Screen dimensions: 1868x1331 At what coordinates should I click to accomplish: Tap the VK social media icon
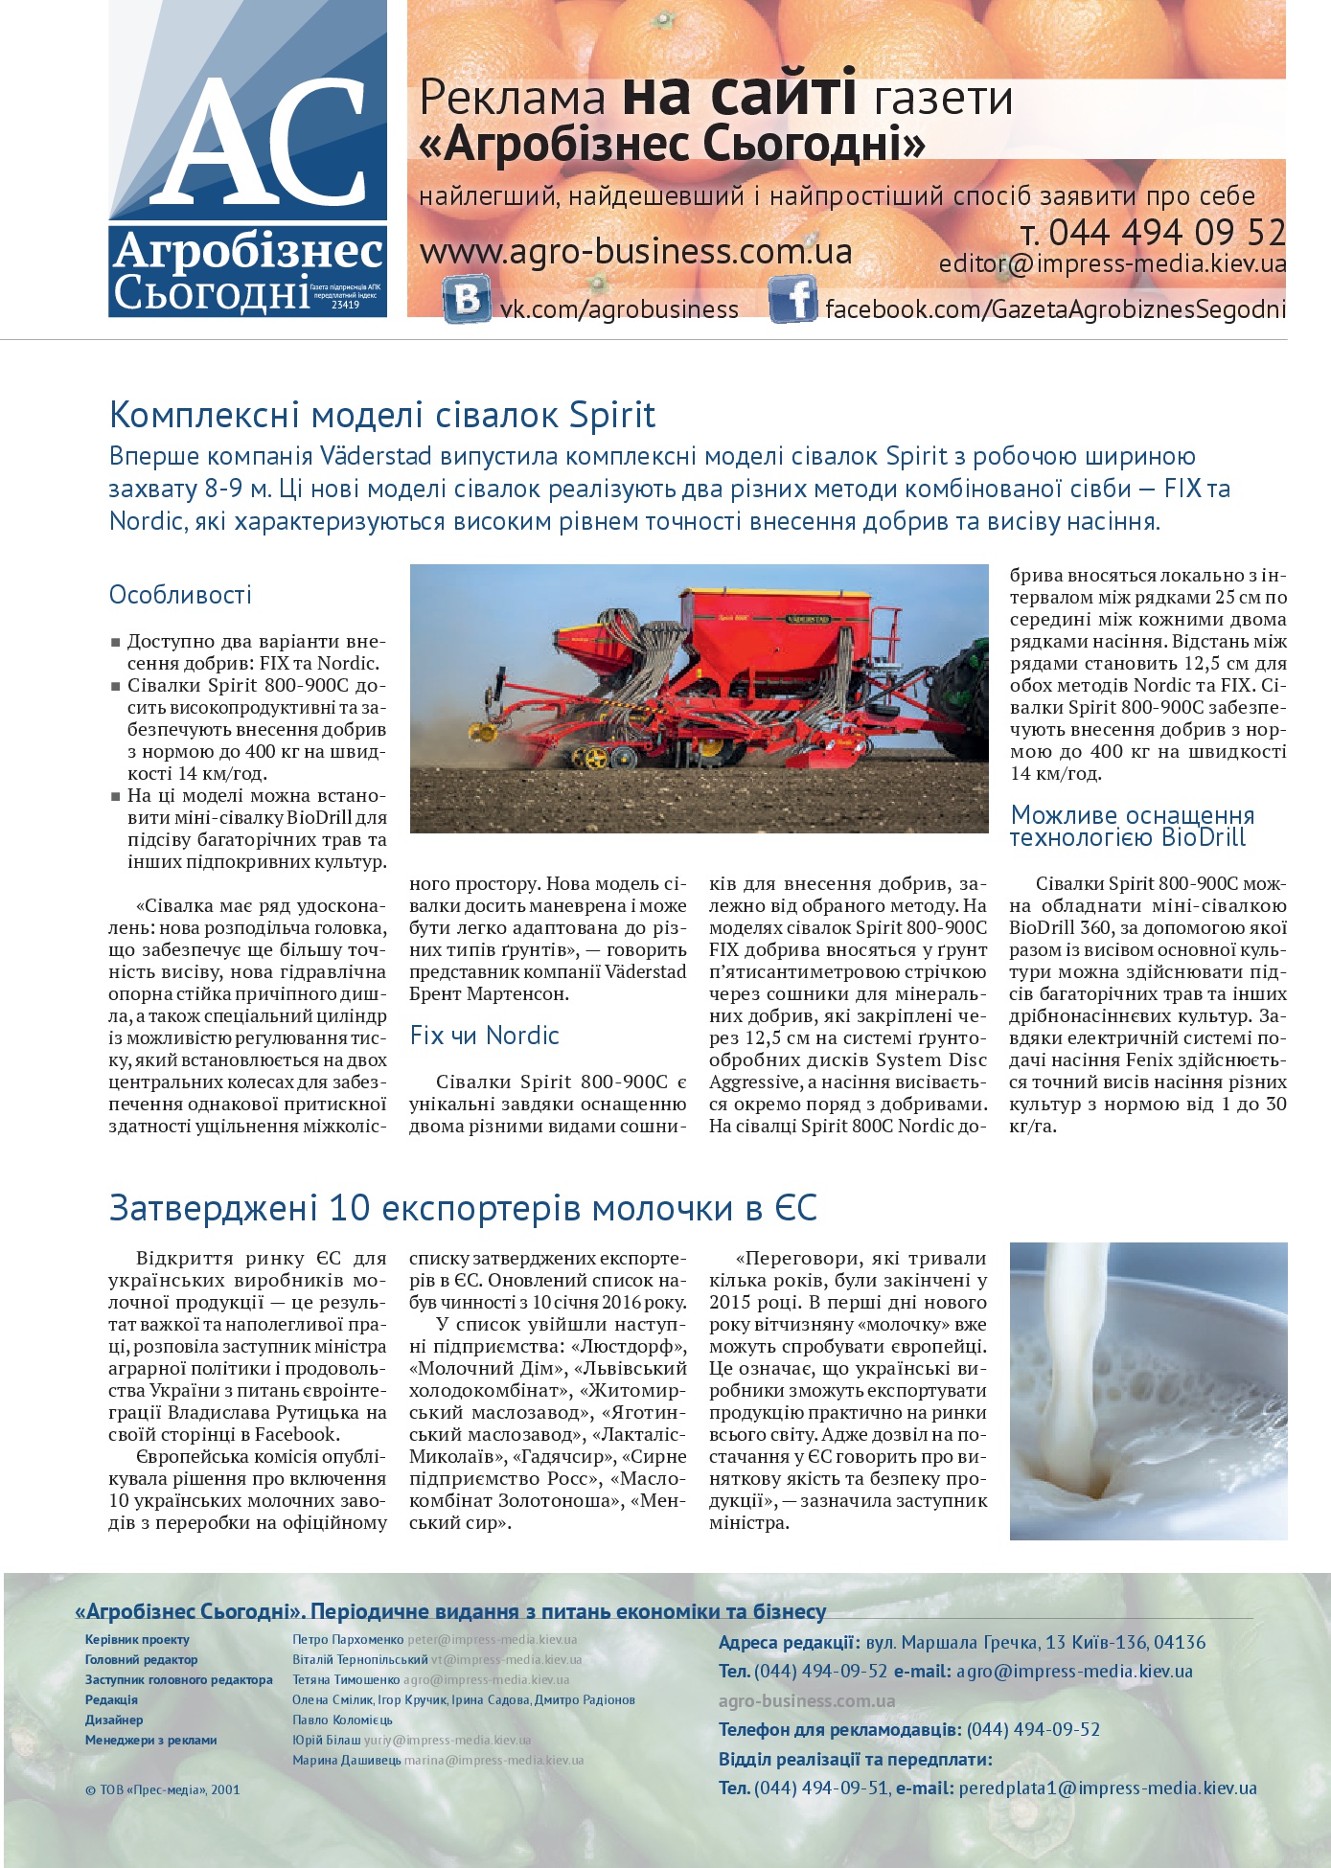click(x=467, y=299)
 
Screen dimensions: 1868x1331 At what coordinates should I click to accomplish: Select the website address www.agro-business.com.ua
click(x=635, y=252)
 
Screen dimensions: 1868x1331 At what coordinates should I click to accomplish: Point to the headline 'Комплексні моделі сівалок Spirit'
click(x=382, y=415)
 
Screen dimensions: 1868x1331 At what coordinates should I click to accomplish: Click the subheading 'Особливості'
click(x=180, y=595)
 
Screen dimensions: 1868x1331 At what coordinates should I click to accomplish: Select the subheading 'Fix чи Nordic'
click(x=484, y=1036)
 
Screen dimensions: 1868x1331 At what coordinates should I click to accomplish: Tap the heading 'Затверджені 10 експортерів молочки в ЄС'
click(x=463, y=1208)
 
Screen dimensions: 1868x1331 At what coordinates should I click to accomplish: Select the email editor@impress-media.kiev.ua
click(x=1112, y=263)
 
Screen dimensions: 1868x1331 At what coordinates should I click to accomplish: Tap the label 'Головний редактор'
click(x=141, y=1659)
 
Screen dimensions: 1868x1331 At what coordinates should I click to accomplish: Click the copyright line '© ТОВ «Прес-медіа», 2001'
click(x=162, y=1788)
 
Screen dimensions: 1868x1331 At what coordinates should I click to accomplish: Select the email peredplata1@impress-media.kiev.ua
click(x=1107, y=1788)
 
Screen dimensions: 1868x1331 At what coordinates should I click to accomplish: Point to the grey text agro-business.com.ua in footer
click(x=807, y=1700)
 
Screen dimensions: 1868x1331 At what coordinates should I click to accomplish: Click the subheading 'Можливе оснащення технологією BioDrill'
click(x=1132, y=826)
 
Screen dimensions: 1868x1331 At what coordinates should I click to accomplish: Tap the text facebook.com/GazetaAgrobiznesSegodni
click(x=1055, y=309)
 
